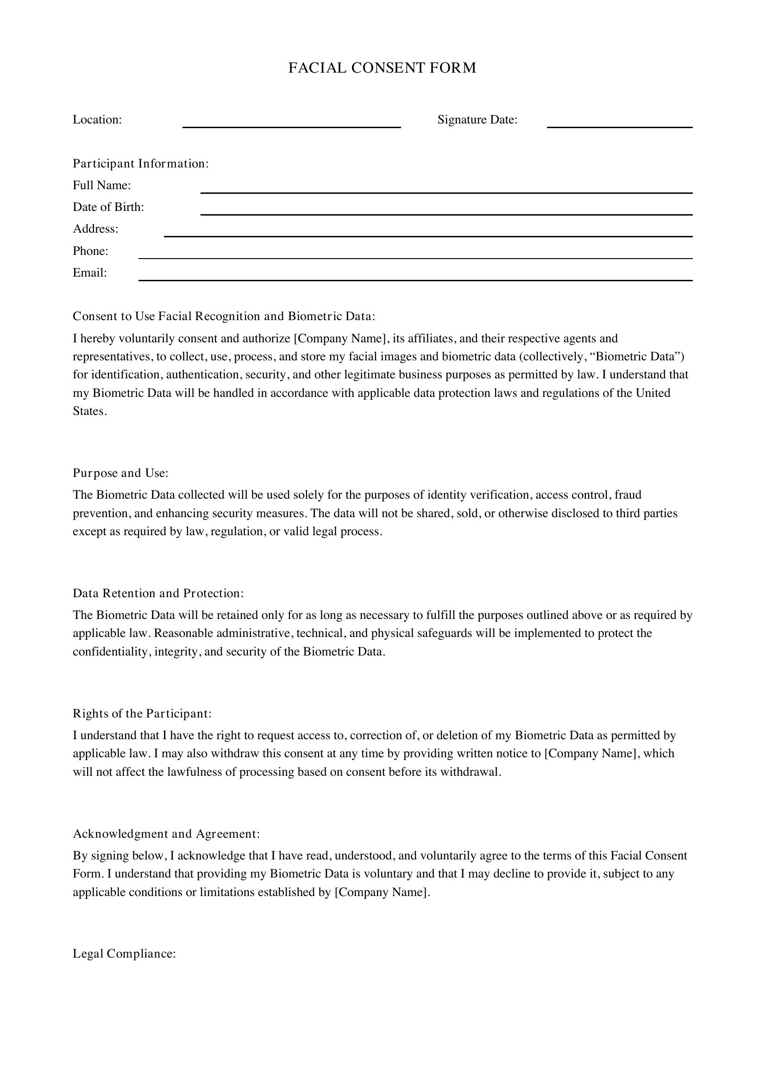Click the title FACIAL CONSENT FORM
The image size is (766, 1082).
coord(382,68)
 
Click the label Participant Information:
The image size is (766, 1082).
coord(141,163)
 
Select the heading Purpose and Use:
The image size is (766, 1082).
coord(120,473)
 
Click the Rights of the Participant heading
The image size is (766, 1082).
coord(142,713)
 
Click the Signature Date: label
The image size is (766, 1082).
coord(477,120)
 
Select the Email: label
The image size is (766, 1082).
coord(90,273)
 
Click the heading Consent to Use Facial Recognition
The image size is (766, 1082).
coord(224,316)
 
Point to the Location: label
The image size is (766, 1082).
coord(97,120)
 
